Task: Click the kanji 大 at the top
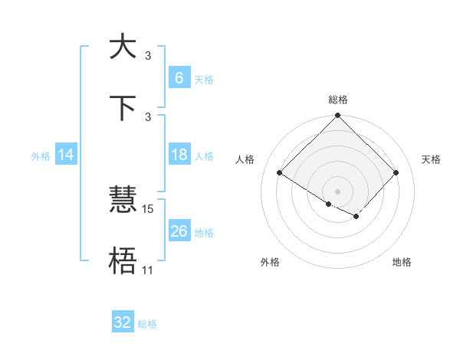(x=122, y=47)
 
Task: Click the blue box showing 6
(x=179, y=78)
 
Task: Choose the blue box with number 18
(x=179, y=155)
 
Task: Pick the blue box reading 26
(x=179, y=231)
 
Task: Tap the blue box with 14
(x=66, y=155)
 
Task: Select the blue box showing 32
(x=123, y=322)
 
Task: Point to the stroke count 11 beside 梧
(x=148, y=270)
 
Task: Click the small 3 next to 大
(x=148, y=55)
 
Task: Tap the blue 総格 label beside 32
(x=147, y=324)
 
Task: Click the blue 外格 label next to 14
(x=41, y=156)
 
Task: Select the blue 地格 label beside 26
(x=204, y=233)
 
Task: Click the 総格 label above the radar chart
(x=338, y=100)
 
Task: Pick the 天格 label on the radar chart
(x=432, y=159)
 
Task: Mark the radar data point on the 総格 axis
(x=338, y=116)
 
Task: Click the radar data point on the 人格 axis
(x=280, y=173)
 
